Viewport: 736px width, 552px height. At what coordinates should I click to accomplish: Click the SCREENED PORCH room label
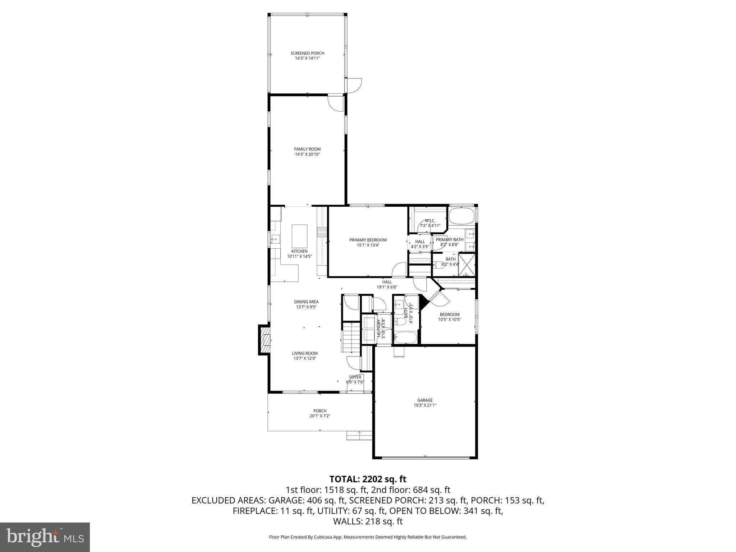point(307,53)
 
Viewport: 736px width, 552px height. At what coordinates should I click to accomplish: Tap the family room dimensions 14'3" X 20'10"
point(307,154)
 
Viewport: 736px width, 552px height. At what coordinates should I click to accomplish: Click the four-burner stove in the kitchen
point(322,232)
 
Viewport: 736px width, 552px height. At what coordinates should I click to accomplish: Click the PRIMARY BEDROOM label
point(368,240)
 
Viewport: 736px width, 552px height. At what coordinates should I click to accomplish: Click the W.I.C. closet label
point(430,221)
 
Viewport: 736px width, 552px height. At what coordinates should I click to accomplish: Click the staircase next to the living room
point(350,338)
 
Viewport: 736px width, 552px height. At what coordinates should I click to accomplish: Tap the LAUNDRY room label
point(378,328)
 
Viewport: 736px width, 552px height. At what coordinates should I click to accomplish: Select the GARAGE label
point(425,400)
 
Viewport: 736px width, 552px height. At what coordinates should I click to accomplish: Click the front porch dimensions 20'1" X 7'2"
point(320,416)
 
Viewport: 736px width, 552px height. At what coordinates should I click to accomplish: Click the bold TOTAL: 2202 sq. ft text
point(368,479)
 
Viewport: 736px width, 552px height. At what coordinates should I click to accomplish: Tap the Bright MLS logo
point(45,537)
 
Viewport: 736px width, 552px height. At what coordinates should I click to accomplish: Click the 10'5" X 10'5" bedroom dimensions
point(449,319)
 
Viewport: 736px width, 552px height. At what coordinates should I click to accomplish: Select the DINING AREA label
point(306,302)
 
